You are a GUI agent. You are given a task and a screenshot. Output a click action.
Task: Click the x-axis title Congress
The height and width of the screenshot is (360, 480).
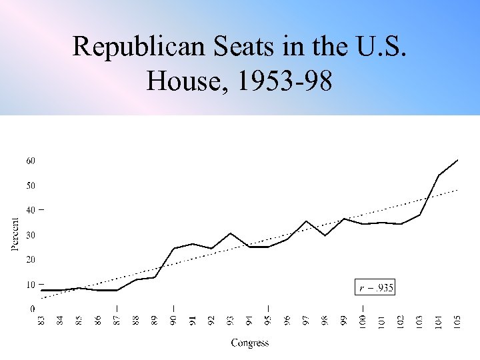(250, 343)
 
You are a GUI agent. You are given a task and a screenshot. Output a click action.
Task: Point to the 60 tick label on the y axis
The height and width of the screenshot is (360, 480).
(31, 161)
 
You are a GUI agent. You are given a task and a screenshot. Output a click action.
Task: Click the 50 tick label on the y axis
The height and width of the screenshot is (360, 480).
(31, 185)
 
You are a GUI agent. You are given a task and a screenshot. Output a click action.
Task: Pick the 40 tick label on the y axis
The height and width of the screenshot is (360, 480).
(31, 210)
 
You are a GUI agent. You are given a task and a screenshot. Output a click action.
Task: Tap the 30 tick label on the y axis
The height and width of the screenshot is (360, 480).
(31, 235)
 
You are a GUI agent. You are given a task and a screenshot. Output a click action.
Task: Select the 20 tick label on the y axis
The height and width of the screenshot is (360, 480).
(31, 259)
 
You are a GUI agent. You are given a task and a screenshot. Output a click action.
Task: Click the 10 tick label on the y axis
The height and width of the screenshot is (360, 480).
(31, 285)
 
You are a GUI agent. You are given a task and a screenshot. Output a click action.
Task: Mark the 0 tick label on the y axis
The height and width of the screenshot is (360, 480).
(33, 309)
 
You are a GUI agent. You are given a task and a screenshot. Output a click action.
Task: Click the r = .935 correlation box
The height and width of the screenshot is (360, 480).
(375, 288)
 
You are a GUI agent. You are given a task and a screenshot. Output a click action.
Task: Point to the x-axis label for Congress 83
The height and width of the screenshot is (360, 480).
(42, 321)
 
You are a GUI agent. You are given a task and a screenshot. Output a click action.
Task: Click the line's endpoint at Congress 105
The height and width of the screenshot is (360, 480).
(457, 160)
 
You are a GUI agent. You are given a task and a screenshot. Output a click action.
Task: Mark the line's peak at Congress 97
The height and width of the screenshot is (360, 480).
(306, 221)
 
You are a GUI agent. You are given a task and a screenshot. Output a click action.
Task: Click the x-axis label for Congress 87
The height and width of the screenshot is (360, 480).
(117, 321)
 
